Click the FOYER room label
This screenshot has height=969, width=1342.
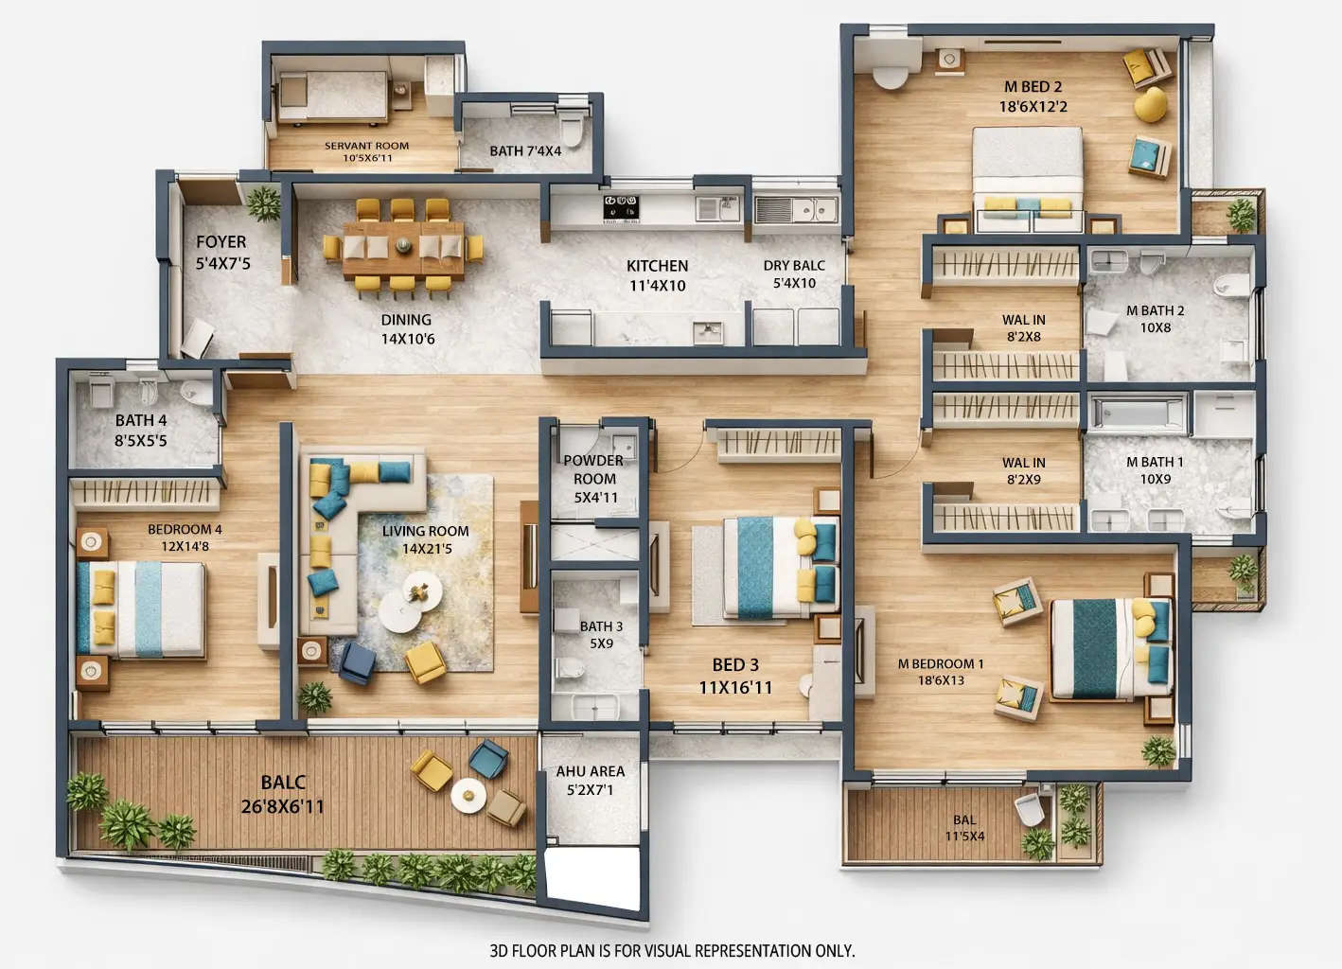(x=221, y=243)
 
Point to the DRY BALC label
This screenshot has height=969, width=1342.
(x=794, y=266)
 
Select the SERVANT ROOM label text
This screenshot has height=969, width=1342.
(x=366, y=147)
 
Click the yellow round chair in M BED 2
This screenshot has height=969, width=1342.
(x=1150, y=105)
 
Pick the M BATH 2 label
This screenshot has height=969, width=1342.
(x=1155, y=310)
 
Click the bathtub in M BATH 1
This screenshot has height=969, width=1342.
(x=1139, y=413)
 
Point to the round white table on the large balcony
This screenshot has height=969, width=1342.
(x=468, y=796)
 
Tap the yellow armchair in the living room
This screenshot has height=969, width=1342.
(x=425, y=661)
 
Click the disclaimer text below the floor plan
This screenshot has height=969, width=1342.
(x=671, y=950)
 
